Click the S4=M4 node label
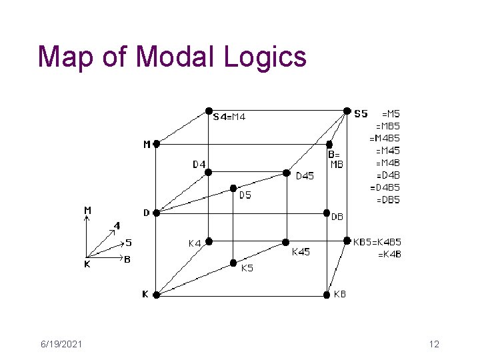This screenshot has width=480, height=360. (229, 117)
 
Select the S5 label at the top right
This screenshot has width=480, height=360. (360, 113)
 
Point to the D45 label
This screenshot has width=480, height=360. (305, 176)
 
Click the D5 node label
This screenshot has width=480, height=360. (245, 195)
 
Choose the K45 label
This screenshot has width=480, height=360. (301, 251)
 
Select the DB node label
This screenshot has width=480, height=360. (337, 216)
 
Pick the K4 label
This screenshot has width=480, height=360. (195, 243)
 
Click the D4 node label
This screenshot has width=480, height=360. (199, 164)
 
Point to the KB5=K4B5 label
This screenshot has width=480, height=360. (377, 242)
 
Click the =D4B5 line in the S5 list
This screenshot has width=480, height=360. (385, 187)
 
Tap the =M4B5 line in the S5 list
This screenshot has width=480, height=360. (385, 138)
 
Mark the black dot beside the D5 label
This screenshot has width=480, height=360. (233, 188)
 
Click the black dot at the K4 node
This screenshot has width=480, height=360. (208, 241)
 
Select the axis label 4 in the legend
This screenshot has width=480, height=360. (117, 225)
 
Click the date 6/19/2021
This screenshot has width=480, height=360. (60, 344)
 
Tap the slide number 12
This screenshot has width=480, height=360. (434, 344)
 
